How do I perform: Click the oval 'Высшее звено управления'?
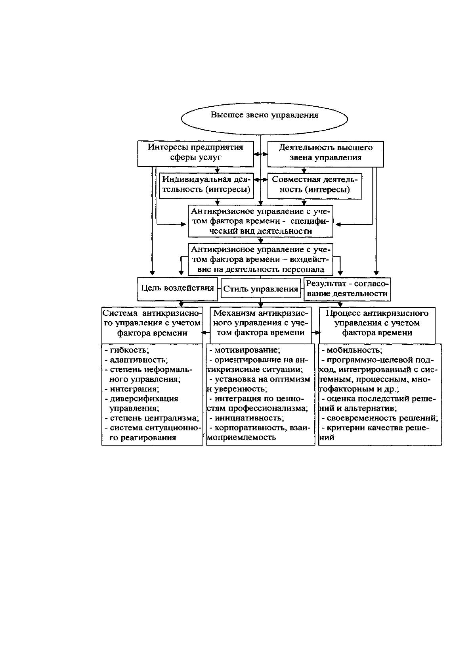coord(264,118)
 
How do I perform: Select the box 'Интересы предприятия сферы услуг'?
coord(195,154)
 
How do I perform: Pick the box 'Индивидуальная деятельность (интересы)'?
coord(206,186)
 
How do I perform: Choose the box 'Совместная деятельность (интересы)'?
coord(315,186)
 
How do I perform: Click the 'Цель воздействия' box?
coord(177,289)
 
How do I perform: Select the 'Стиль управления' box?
coord(261,289)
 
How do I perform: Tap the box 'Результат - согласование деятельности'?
coord(347,289)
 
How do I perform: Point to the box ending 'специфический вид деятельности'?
coord(260,221)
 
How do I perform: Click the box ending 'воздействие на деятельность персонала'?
coord(260,259)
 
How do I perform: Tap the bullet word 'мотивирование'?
coord(247,350)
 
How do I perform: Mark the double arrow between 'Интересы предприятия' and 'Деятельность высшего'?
coord(261,154)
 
